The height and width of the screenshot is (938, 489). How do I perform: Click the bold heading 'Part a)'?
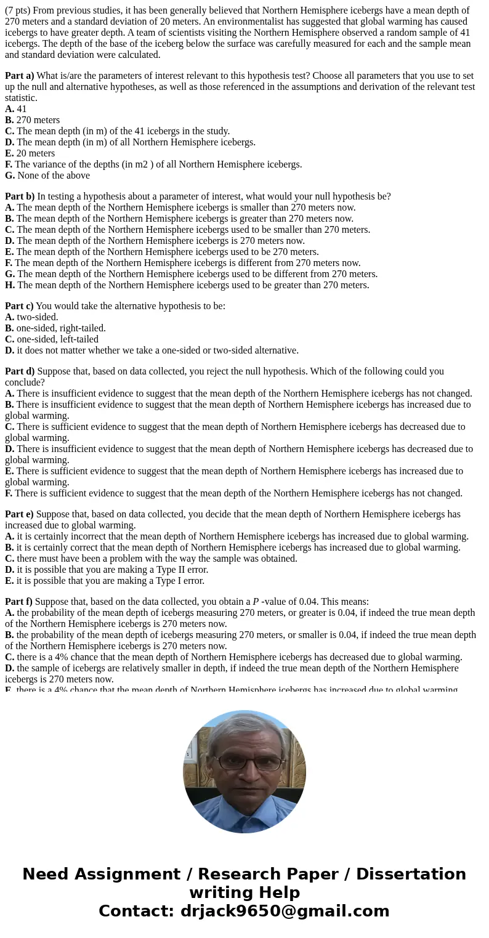(x=20, y=76)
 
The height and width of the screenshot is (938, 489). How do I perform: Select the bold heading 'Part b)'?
(x=20, y=196)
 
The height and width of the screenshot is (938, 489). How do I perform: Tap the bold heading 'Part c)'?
(x=20, y=306)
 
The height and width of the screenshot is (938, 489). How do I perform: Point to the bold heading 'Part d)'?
(x=20, y=371)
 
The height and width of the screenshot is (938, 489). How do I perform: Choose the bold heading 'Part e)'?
(x=20, y=514)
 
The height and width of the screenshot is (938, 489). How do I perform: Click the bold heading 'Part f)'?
(x=19, y=602)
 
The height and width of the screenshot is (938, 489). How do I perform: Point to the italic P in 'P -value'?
(x=256, y=602)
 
